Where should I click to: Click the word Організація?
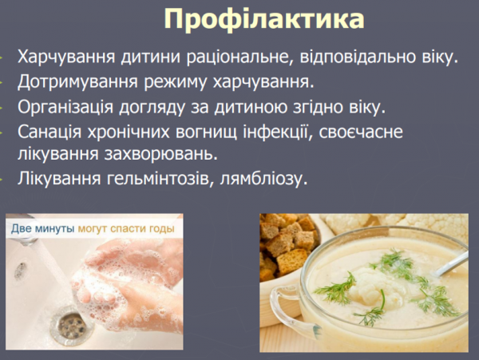72,106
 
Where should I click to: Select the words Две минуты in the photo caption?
42,228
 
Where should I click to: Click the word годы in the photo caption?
161,228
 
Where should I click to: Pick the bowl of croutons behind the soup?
287,239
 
